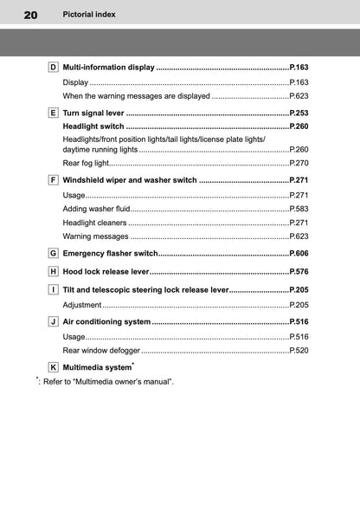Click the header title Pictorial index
click(x=89, y=15)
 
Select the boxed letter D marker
click(x=54, y=67)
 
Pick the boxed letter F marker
click(x=54, y=180)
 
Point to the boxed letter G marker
click(x=54, y=253)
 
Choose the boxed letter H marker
click(x=54, y=271)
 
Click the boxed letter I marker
click(x=54, y=289)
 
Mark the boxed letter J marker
click(x=54, y=321)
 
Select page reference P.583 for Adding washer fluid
click(x=299, y=209)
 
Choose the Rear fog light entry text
click(x=86, y=163)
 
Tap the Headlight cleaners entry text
click(x=95, y=223)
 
